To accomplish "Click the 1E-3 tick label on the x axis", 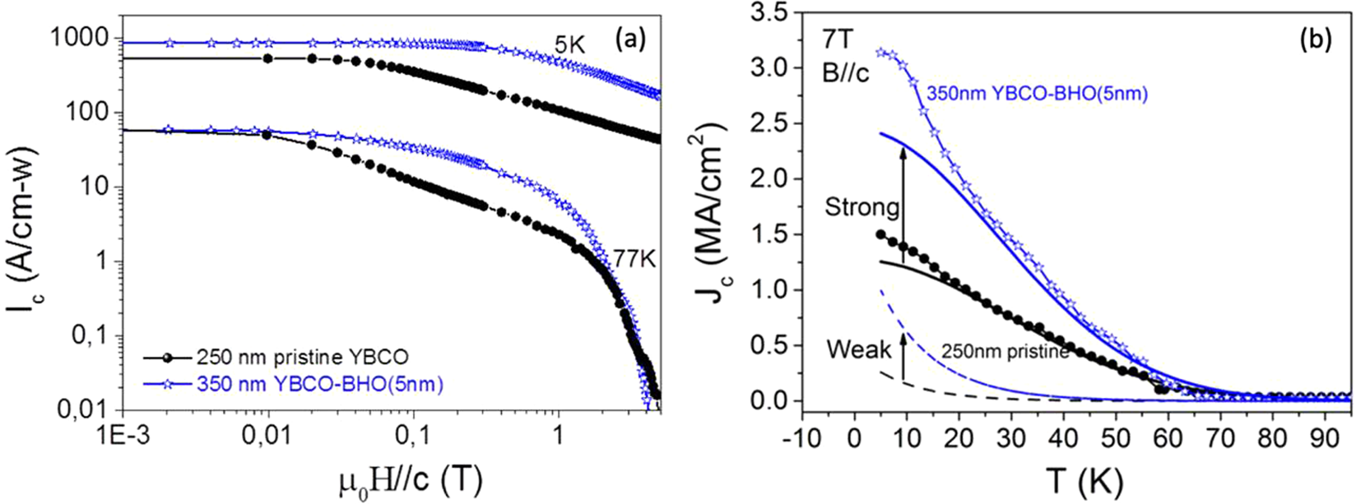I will [x=123, y=432].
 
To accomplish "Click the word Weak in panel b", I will [x=859, y=349].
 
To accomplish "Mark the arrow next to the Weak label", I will [x=903, y=356].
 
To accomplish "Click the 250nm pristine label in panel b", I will [x=1005, y=353].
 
